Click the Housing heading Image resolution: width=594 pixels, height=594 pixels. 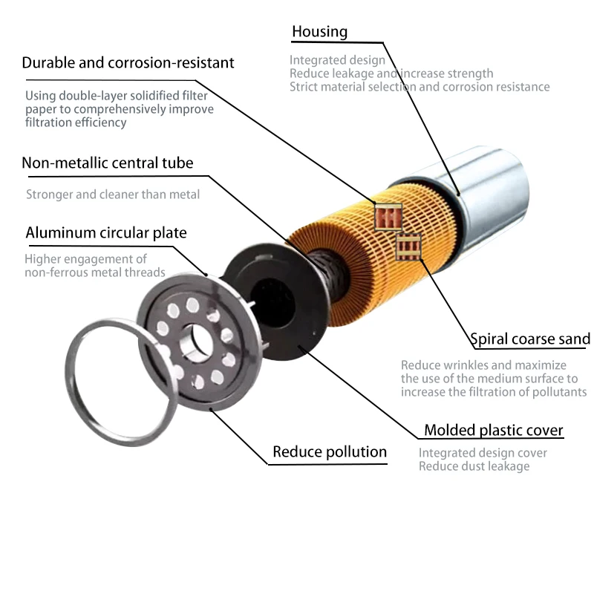pos(319,31)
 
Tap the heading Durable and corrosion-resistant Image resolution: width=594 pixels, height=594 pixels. pos(128,62)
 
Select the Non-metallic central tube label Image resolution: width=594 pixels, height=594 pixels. pos(108,163)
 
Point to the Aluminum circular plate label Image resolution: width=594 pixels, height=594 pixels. pos(106,232)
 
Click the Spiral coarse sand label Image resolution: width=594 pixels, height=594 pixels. pos(531,339)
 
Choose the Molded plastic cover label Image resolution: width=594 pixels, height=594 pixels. pos(493,430)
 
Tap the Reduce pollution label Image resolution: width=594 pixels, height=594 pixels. pos(330,451)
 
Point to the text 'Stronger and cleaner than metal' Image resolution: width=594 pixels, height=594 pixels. pos(113,195)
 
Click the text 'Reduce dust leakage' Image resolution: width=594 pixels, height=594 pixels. pos(474,466)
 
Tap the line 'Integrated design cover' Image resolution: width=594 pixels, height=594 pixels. pos(483,453)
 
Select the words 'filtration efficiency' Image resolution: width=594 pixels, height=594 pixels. pos(76,123)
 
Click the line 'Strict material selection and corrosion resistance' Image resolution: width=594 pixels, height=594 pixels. pos(420,87)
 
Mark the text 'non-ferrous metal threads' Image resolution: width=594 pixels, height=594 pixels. pos(95,272)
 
